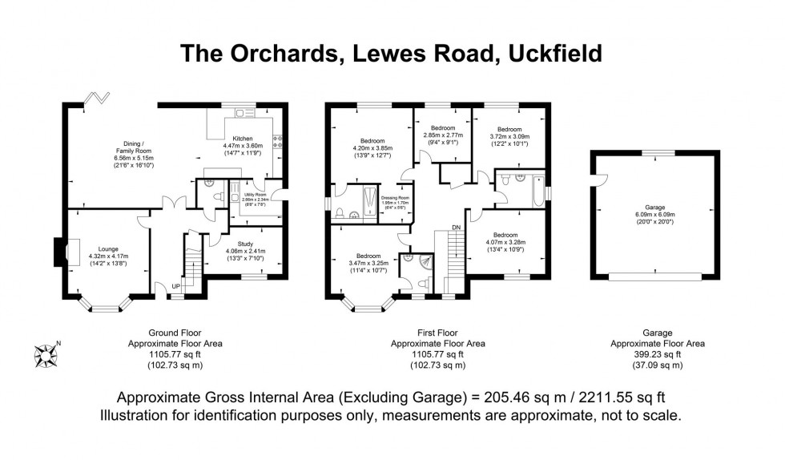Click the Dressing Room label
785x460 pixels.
(x=395, y=197)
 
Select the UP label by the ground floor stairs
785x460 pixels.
(x=175, y=287)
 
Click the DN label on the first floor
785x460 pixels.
(x=457, y=228)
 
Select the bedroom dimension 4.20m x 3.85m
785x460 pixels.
(x=372, y=148)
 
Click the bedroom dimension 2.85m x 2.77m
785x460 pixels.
(x=442, y=136)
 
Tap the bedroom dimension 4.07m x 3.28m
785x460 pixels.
(x=505, y=241)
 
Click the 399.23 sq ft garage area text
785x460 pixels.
(x=658, y=353)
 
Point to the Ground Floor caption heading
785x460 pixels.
(x=175, y=333)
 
